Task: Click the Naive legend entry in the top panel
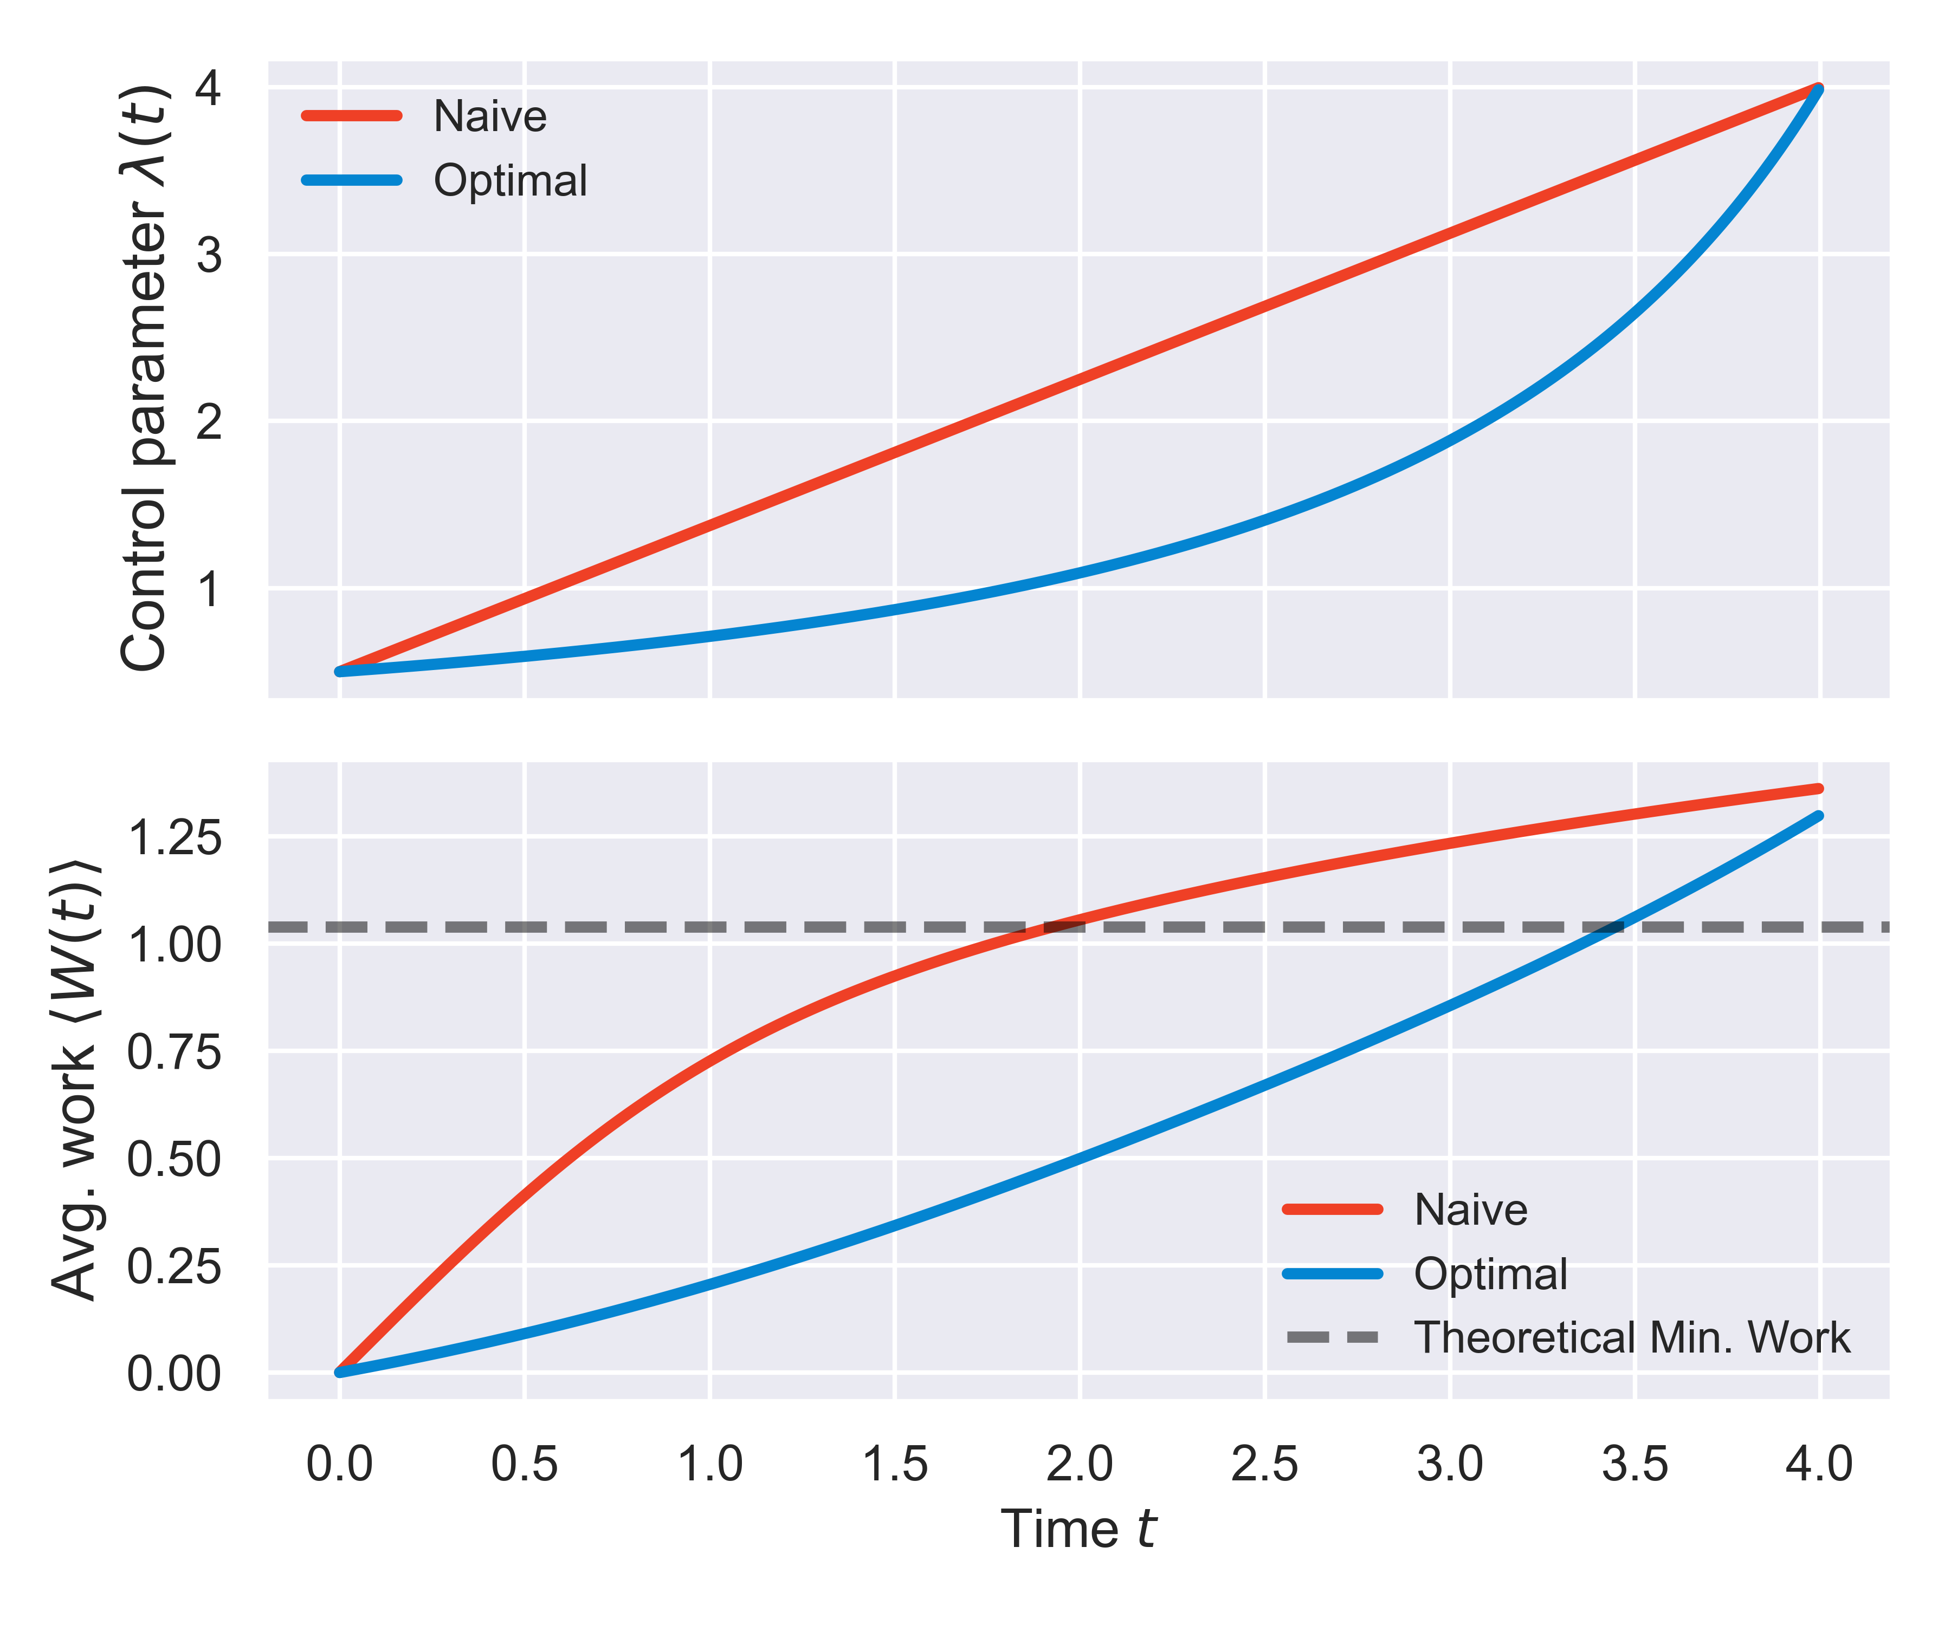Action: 489,117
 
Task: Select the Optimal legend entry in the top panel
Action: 510,181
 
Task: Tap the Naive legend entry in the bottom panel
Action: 1470,1210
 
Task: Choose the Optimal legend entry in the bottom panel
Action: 1490,1274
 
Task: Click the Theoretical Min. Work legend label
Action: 1631,1338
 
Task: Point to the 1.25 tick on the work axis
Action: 175,838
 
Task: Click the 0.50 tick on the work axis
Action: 175,1160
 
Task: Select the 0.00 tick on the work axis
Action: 175,1374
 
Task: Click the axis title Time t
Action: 1078,1529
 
